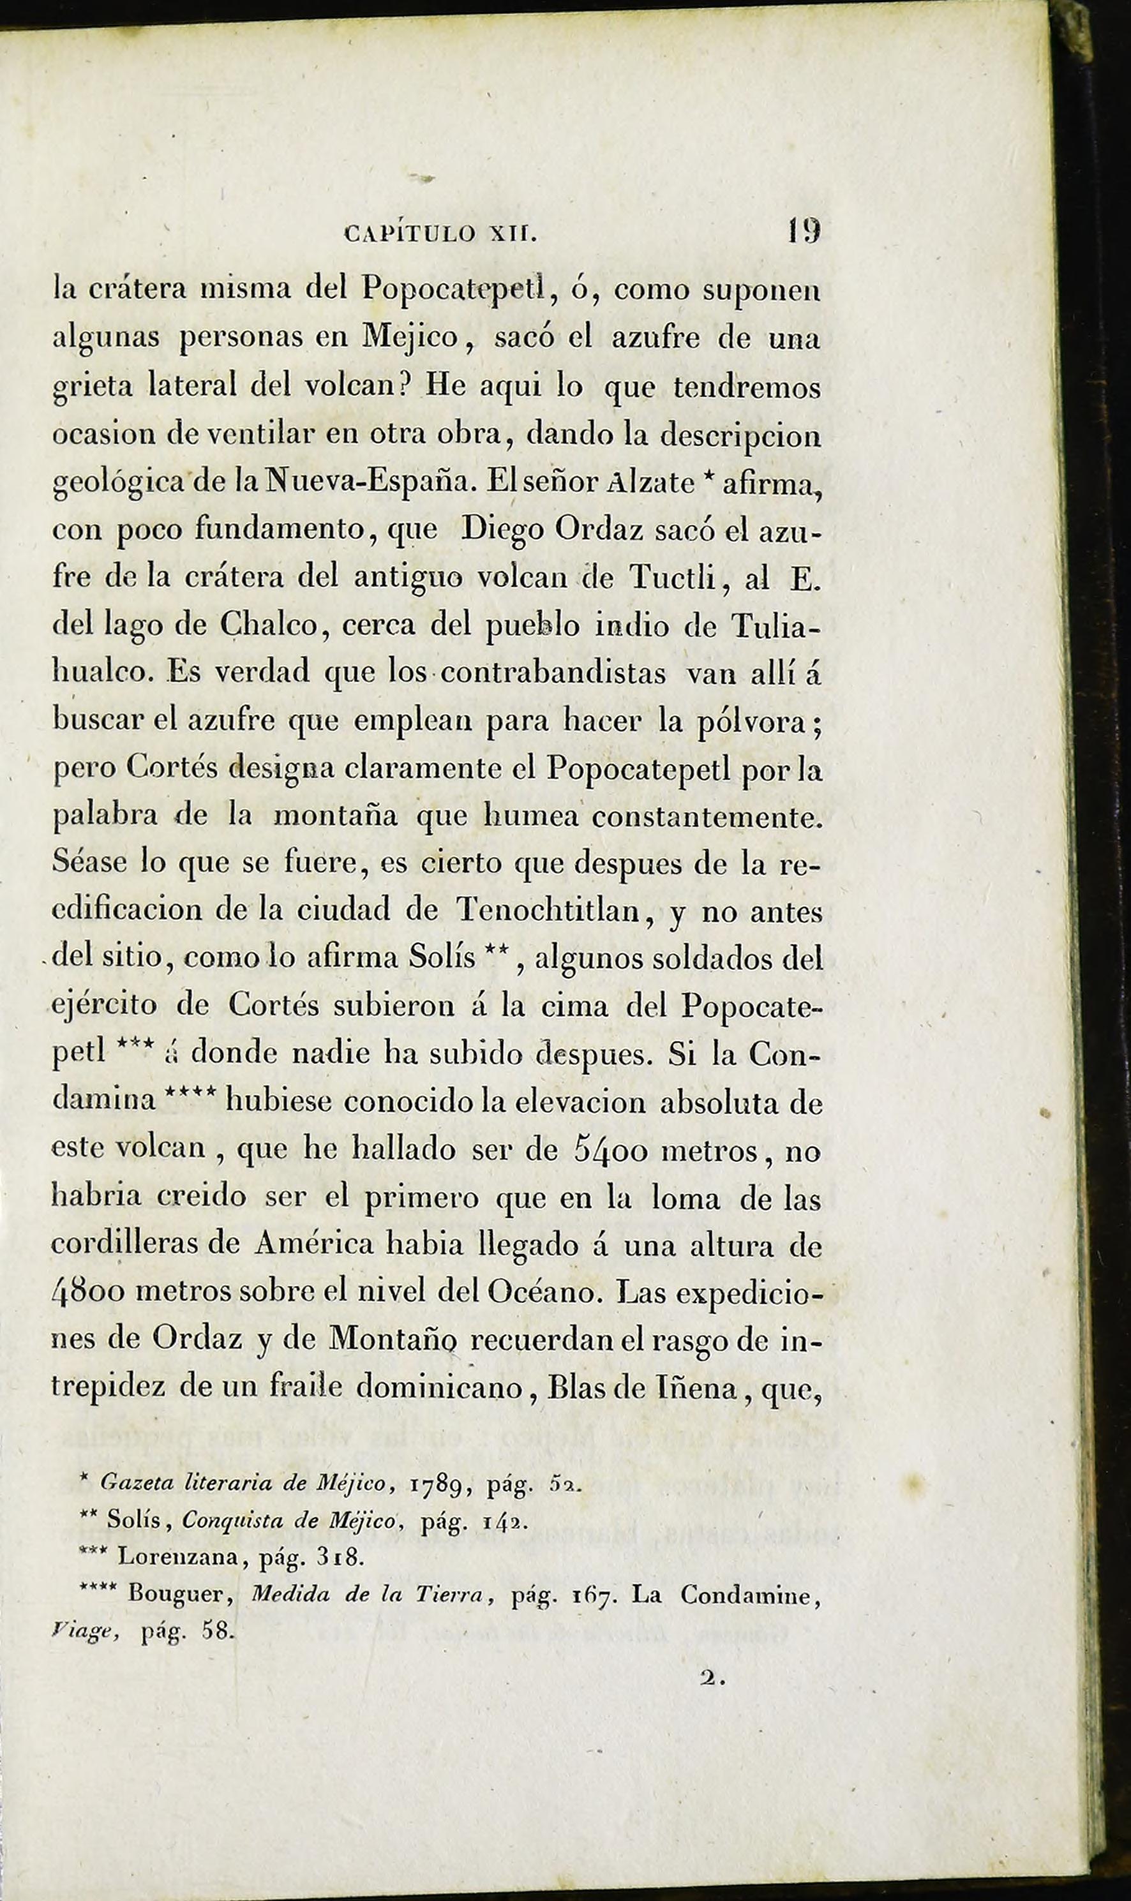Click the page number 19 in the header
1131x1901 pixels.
pyautogui.click(x=804, y=230)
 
